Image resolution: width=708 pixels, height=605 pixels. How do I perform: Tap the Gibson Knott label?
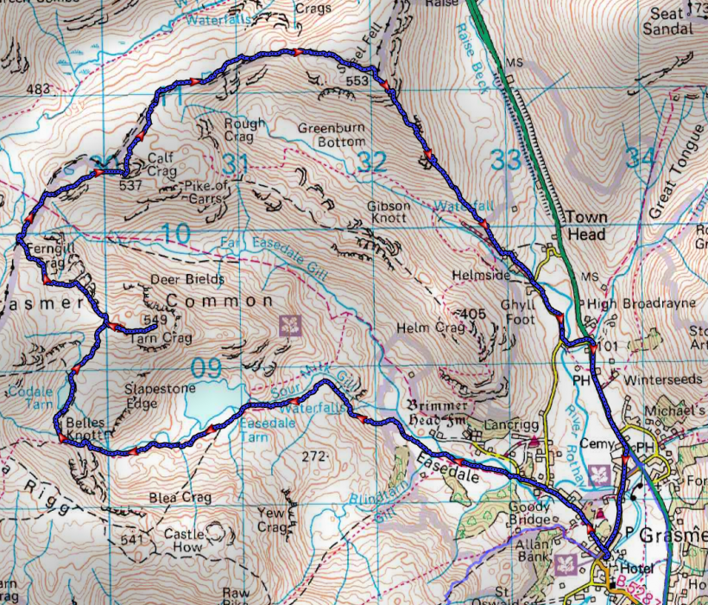[389, 213]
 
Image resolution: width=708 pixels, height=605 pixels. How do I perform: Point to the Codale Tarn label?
[30, 397]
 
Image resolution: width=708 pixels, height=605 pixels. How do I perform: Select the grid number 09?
[206, 369]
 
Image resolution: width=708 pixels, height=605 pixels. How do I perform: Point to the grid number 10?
[175, 233]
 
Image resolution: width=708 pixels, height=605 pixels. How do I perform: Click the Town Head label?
[586, 225]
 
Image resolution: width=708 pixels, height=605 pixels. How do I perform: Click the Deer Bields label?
[187, 280]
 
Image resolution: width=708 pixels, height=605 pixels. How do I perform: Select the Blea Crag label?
[180, 498]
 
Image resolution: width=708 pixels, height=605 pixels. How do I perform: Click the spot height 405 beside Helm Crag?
[470, 314]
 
